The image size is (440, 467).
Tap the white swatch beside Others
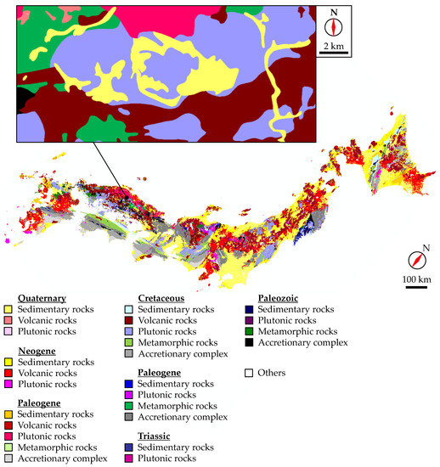click(x=248, y=373)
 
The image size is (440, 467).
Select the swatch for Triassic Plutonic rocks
click(x=142, y=459)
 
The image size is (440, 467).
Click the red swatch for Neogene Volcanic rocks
click(x=8, y=372)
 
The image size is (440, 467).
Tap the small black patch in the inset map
click(x=21, y=98)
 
